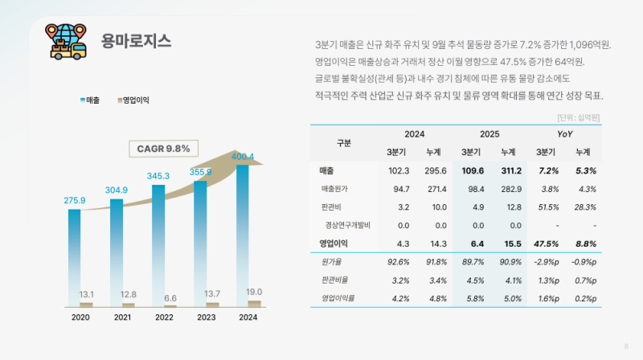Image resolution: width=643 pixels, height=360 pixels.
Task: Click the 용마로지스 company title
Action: (136, 42)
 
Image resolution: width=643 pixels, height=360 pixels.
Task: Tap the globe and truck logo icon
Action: (67, 41)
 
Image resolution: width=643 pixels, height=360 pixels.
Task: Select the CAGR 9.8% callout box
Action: (163, 149)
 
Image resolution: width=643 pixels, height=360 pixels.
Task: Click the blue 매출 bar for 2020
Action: (75, 257)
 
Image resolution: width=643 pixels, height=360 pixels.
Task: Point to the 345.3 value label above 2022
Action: (158, 175)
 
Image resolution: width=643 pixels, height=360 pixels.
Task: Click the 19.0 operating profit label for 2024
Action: (254, 292)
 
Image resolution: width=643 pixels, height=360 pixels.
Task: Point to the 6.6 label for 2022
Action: (170, 297)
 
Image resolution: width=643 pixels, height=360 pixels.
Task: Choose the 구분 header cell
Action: (344, 143)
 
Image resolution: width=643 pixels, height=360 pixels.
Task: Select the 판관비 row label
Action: (331, 207)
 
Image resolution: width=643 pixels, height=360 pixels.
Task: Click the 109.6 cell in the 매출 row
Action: (472, 171)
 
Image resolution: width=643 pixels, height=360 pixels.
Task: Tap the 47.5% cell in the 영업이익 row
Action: (548, 243)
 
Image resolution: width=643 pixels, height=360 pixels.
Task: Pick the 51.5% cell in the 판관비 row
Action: (548, 207)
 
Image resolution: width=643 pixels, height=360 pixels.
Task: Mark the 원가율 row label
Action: (331, 261)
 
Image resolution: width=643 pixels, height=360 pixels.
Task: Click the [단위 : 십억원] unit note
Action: (579, 117)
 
